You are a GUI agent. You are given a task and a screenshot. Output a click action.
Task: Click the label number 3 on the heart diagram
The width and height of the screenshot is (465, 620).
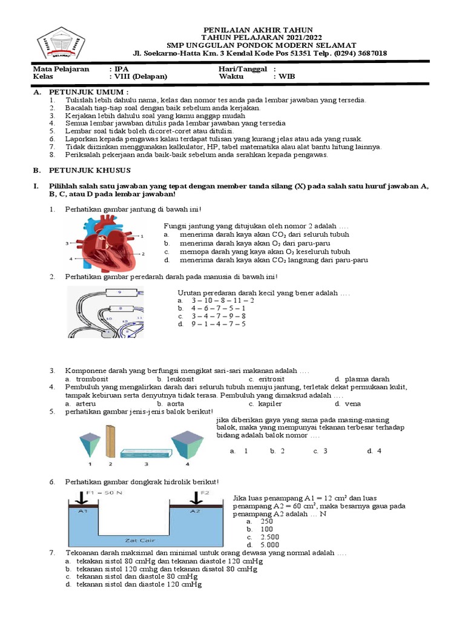tap(67, 243)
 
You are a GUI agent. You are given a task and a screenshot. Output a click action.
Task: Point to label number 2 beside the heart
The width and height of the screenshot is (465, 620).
tap(142, 254)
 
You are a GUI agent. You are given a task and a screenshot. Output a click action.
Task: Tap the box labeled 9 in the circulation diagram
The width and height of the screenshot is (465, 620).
tap(120, 292)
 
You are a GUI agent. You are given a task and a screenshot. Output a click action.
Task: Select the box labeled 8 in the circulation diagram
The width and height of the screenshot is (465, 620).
tap(120, 308)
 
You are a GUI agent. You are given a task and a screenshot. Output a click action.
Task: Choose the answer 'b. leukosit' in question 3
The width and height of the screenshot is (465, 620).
tap(174, 379)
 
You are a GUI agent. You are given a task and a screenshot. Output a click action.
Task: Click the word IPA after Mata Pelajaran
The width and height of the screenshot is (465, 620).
tap(122, 69)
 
